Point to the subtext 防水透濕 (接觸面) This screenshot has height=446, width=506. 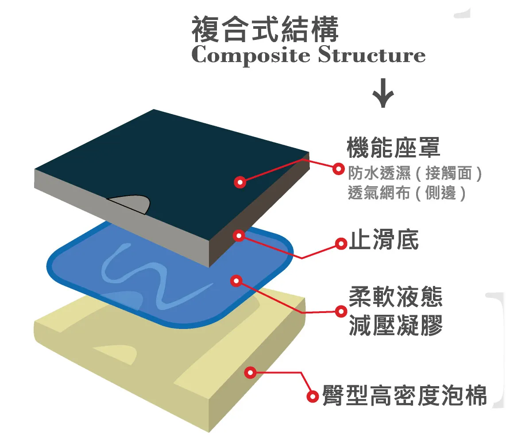414,173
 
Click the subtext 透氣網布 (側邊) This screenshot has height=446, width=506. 407,193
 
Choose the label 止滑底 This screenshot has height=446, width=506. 384,242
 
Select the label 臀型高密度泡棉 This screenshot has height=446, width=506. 404,395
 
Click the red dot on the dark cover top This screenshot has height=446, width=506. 240,181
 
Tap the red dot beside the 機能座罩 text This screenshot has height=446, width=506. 338,168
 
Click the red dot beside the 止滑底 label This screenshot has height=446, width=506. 340,243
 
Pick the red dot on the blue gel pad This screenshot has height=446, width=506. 236,280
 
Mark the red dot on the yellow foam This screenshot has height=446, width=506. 251,372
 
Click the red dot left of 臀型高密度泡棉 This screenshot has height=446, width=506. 313,396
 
